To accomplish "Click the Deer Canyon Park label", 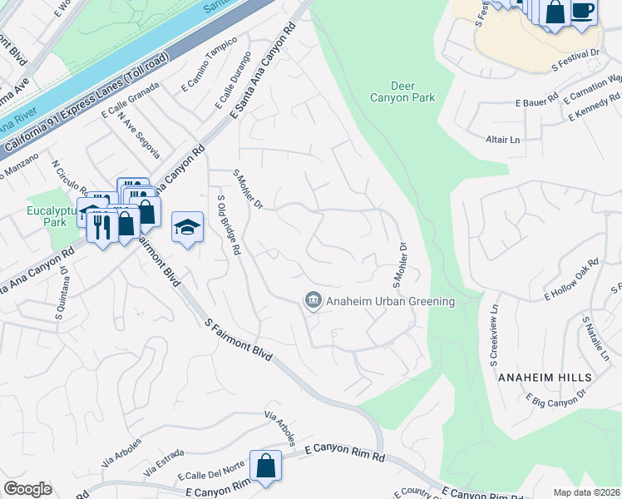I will click(413, 91).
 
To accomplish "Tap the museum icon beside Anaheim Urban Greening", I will click(313, 300).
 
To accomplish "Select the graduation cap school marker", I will click(188, 227).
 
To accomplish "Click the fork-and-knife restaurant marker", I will click(102, 226).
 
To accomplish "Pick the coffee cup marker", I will click(583, 12).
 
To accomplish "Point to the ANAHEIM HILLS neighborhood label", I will click(545, 378).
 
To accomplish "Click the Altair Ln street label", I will click(502, 141).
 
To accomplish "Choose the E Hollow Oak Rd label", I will click(572, 281).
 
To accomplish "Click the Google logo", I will click(27, 489).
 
